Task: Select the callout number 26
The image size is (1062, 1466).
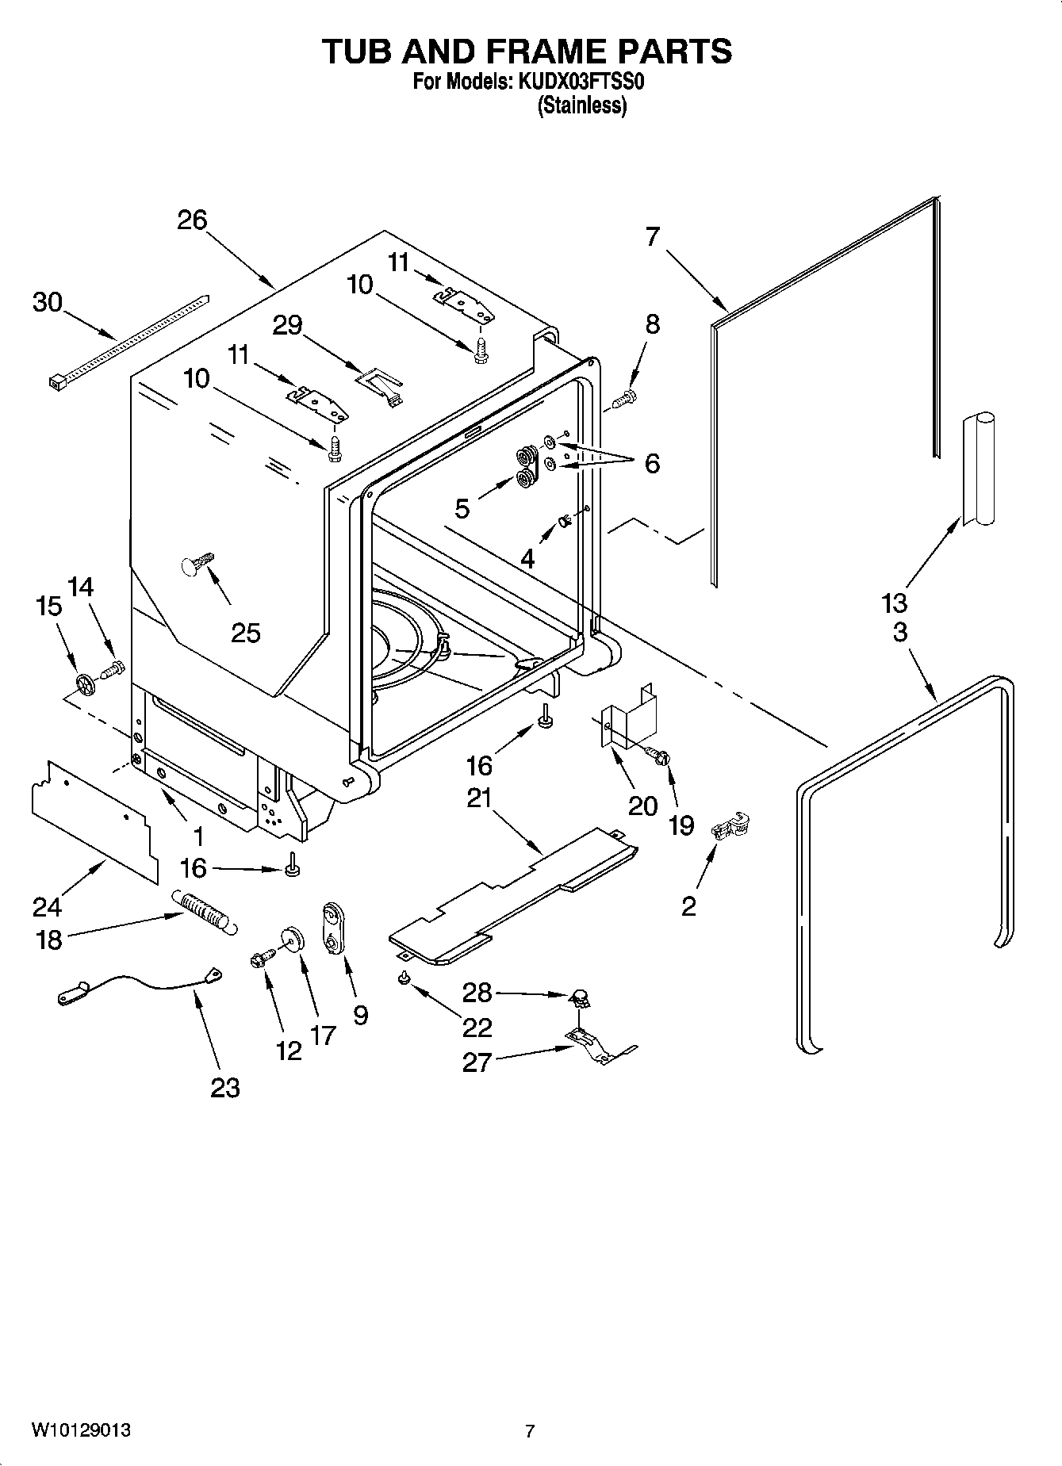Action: (x=191, y=220)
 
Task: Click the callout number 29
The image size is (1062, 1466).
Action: (x=287, y=324)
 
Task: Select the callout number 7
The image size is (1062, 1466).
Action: (x=652, y=236)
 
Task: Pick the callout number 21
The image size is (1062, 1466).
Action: (x=479, y=798)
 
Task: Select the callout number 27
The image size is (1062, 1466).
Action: (x=477, y=1062)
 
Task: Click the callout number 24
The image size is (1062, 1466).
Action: (x=48, y=905)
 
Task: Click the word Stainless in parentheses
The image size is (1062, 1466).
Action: (x=581, y=105)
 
